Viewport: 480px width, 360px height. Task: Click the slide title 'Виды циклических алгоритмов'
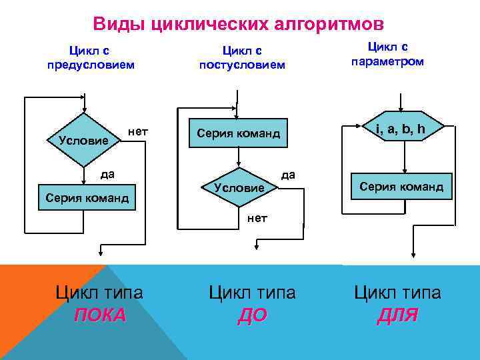pos(238,25)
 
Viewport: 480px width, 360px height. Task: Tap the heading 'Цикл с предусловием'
pos(91,57)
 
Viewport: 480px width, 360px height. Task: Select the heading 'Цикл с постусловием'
pos(242,57)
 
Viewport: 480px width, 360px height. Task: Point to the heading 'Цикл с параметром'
pos(388,53)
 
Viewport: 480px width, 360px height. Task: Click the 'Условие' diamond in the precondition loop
pos(84,140)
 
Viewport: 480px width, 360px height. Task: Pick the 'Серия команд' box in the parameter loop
pos(401,187)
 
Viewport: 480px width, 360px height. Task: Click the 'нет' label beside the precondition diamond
pos(137,133)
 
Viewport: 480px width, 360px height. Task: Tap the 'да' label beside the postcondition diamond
pos(288,175)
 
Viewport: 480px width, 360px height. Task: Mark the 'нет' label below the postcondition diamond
pos(257,217)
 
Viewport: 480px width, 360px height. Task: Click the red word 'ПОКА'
pos(99,315)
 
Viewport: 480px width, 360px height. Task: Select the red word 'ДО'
pos(252,315)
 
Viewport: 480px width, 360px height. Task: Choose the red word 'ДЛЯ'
pos(397,315)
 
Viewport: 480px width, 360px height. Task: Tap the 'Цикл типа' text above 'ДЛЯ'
pos(397,292)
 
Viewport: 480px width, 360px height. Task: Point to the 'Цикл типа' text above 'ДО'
pos(252,292)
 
